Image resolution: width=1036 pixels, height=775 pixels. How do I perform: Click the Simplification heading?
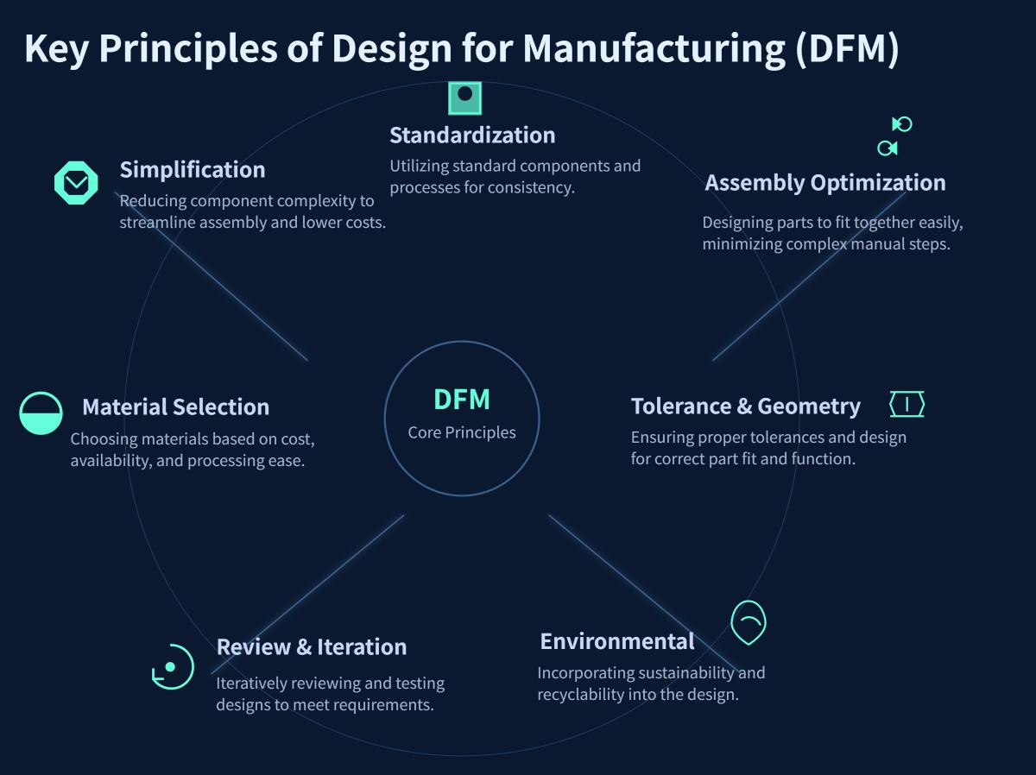192,169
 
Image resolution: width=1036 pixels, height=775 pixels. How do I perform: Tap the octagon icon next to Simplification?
76,182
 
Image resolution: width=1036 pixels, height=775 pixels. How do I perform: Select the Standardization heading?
472,135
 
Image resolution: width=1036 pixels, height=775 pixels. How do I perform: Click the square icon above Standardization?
464,98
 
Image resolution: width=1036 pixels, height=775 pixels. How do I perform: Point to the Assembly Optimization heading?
824,183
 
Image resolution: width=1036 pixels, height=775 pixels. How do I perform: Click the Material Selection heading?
175,406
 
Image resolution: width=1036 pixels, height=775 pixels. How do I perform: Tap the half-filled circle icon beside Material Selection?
41,413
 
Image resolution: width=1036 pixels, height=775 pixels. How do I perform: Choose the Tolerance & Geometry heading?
745,406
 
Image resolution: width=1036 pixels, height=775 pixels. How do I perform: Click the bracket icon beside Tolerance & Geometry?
906,404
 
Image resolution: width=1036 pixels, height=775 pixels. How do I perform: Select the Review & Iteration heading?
311,646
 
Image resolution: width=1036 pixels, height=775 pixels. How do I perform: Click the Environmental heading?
616,641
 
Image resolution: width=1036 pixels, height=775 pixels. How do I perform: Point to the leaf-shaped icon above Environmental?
749,622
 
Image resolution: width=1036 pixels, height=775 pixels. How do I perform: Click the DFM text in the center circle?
461,400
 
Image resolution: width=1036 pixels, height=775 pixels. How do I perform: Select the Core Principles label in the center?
461,432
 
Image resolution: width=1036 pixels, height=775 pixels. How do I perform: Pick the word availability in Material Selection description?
109,461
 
